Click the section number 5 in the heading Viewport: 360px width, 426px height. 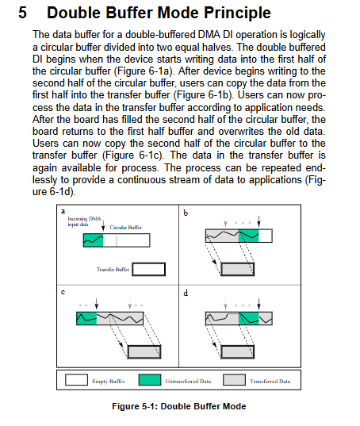pos(22,13)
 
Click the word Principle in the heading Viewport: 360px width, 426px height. pos(237,13)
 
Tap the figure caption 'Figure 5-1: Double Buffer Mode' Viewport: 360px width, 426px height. pos(179,406)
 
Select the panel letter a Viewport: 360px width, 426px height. pos(63,211)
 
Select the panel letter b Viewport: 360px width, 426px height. pos(186,213)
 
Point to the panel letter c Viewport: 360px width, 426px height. pos(63,293)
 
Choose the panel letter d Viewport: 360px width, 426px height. pos(186,293)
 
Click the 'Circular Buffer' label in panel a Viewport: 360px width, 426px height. pos(125,228)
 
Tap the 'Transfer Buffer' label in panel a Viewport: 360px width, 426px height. pos(113,270)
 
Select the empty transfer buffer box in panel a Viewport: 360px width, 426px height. pos(149,269)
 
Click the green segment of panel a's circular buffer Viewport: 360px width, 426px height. pos(94,240)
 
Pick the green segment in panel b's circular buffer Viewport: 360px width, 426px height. pos(249,236)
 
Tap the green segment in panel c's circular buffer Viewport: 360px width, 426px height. pos(86,318)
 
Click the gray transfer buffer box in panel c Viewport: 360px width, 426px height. pos(144,352)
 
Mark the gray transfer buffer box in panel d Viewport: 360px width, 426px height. pos(238,352)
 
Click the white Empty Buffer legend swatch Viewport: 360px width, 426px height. pos(76,380)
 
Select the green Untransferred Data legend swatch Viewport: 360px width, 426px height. pos(150,380)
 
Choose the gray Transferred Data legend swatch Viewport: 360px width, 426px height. pos(234,380)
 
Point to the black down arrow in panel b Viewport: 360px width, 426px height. pos(259,221)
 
